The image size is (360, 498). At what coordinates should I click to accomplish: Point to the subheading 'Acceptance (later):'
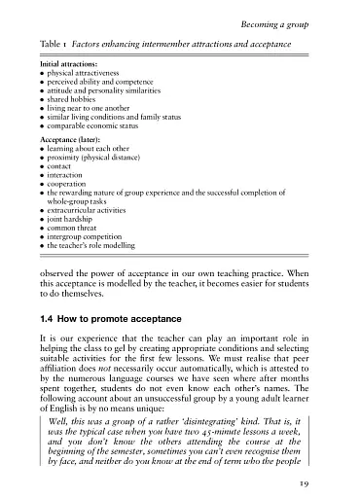pyautogui.click(x=69, y=138)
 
